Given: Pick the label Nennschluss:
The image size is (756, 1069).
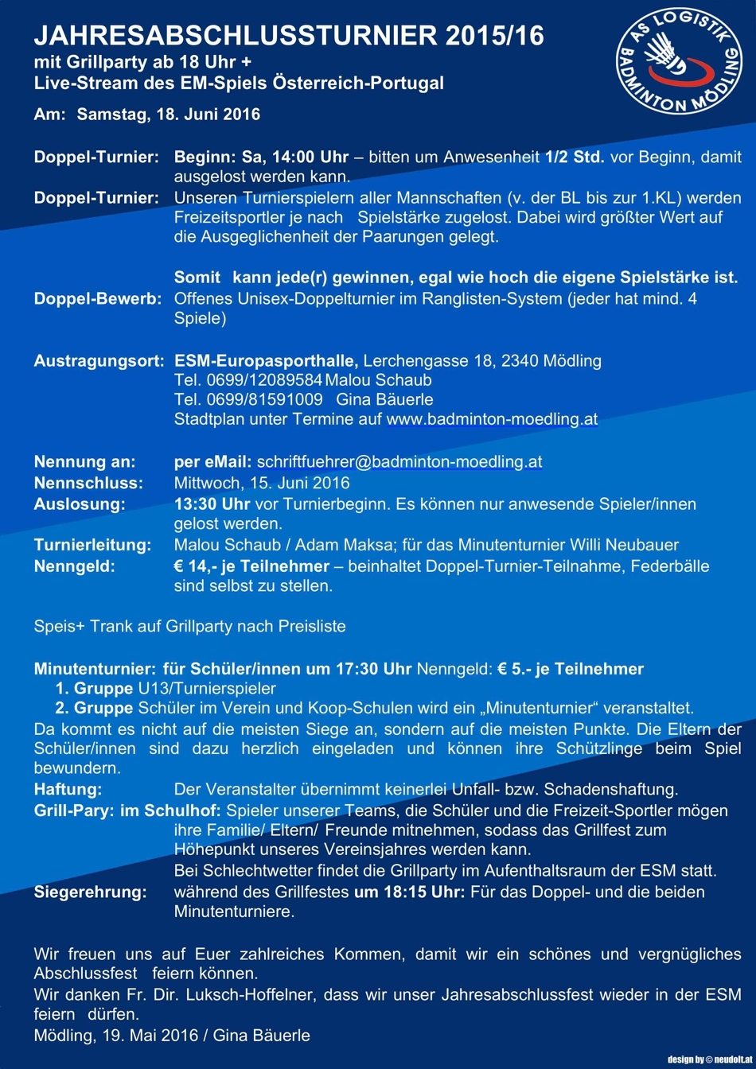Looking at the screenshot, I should (88, 482).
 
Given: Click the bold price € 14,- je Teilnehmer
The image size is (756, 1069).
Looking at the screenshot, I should (251, 566).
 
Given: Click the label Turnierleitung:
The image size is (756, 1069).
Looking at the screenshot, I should (93, 545).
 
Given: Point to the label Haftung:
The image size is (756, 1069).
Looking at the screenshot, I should (68, 790).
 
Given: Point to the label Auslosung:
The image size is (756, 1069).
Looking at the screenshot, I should (80, 503).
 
